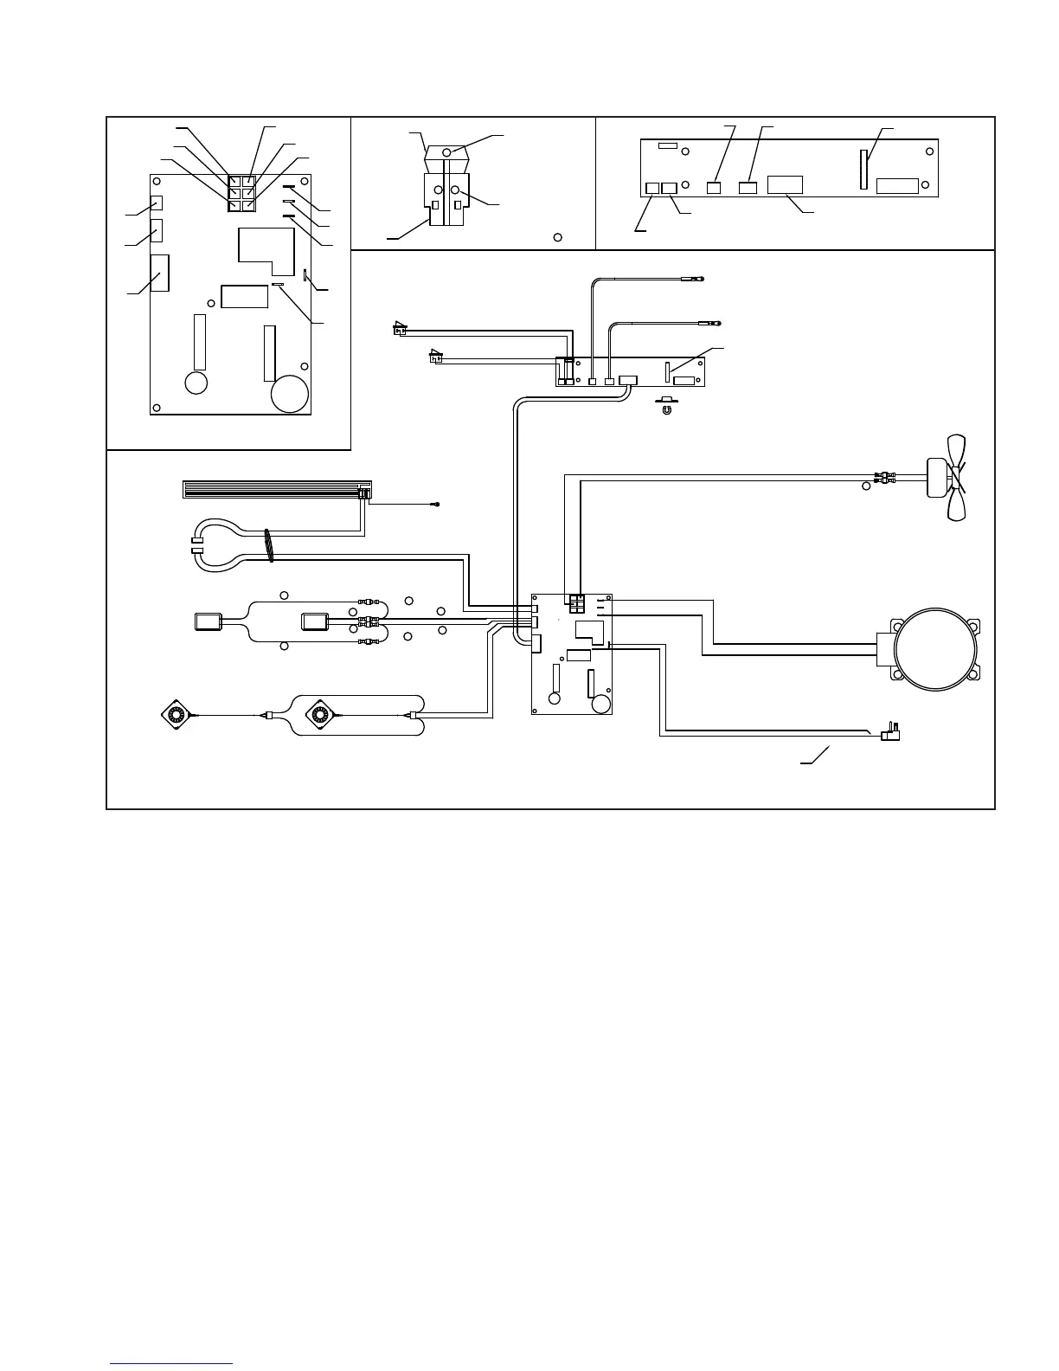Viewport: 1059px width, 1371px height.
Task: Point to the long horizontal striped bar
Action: click(272, 491)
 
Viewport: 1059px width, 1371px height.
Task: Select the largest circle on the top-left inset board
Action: click(290, 395)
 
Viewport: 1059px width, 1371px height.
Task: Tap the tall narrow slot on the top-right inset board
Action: click(863, 168)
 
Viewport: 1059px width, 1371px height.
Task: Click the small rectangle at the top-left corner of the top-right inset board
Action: click(667, 146)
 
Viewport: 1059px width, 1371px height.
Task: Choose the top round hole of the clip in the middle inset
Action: click(446, 151)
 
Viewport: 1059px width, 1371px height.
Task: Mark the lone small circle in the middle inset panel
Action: click(558, 236)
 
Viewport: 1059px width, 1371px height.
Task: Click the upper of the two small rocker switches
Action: click(400, 329)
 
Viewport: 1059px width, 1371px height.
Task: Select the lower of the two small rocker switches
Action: click(437, 355)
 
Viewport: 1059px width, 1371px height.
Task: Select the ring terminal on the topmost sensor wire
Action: click(700, 279)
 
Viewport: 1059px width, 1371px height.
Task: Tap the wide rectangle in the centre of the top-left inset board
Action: click(245, 296)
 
